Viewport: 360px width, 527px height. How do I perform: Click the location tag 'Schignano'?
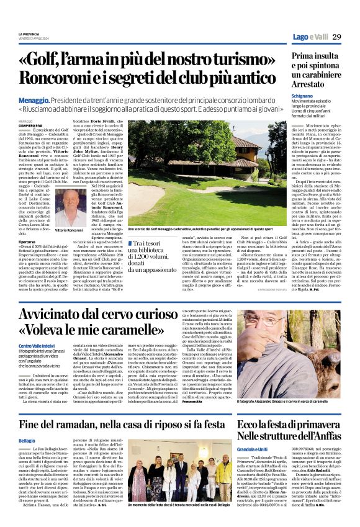pos(302,97)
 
